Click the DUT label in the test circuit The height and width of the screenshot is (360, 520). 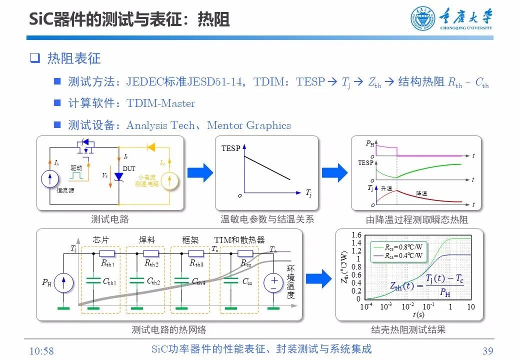coord(129,169)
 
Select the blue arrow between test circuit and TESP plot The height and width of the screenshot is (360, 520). coord(200,172)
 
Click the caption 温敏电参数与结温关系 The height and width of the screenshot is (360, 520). coord(267,219)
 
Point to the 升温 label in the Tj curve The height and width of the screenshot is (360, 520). coord(386,188)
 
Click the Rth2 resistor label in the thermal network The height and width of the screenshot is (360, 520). coord(151,263)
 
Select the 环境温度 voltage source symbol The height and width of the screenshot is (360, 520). coord(273,283)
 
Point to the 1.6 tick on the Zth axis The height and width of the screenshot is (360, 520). coord(356,235)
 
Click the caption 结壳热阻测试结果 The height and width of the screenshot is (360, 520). coord(408,329)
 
